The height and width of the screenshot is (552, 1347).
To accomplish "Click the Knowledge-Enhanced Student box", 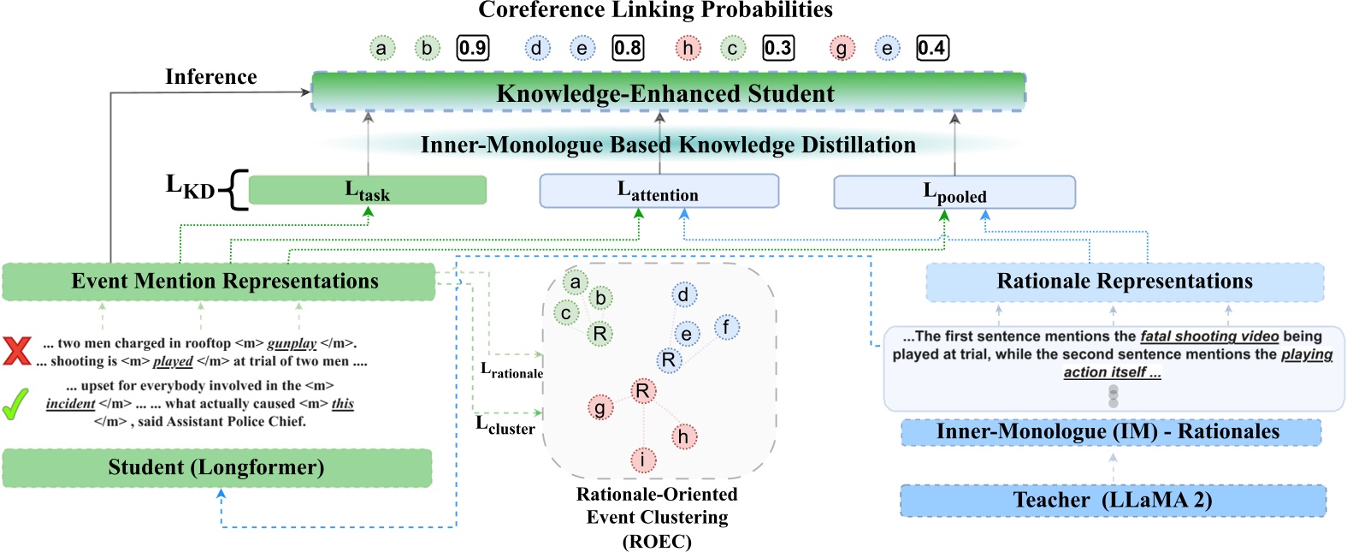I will tap(667, 92).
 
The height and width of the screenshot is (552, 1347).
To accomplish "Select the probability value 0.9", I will tap(473, 48).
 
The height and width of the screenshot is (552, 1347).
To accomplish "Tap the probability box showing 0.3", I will tap(777, 48).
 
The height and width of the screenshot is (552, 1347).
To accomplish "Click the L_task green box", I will tap(367, 190).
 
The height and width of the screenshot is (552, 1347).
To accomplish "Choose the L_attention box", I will tap(659, 191).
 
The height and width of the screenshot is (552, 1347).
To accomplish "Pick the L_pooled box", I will tap(954, 193).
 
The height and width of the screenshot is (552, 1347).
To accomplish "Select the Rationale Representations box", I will tap(1124, 282).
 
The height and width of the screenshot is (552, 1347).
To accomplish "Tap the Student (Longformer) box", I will tap(216, 467).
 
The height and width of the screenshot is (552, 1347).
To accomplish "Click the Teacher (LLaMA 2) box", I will tap(1113, 500).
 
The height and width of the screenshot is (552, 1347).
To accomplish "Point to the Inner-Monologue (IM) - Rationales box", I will tap(1110, 431).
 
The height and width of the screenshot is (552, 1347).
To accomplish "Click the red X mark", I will tap(16, 350).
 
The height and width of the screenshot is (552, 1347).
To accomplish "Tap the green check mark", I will tap(15, 404).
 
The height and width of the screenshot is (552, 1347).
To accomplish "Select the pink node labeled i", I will tap(643, 460).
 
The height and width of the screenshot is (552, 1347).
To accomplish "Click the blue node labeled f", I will tap(726, 327).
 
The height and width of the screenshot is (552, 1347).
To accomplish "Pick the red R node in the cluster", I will tap(642, 391).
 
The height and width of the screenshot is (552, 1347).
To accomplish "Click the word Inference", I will tap(210, 77).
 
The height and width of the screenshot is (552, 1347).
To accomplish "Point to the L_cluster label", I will tap(505, 424).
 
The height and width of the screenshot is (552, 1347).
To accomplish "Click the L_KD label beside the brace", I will tap(190, 187).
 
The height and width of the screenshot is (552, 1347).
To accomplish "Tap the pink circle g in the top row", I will tap(842, 49).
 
